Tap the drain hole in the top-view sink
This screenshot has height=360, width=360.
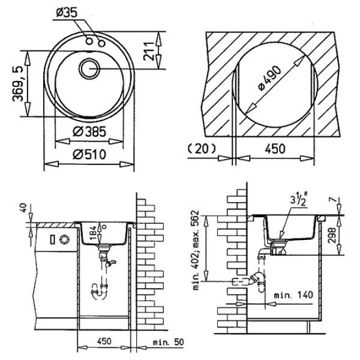pos(90,67)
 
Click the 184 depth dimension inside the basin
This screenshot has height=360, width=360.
pos(92,233)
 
